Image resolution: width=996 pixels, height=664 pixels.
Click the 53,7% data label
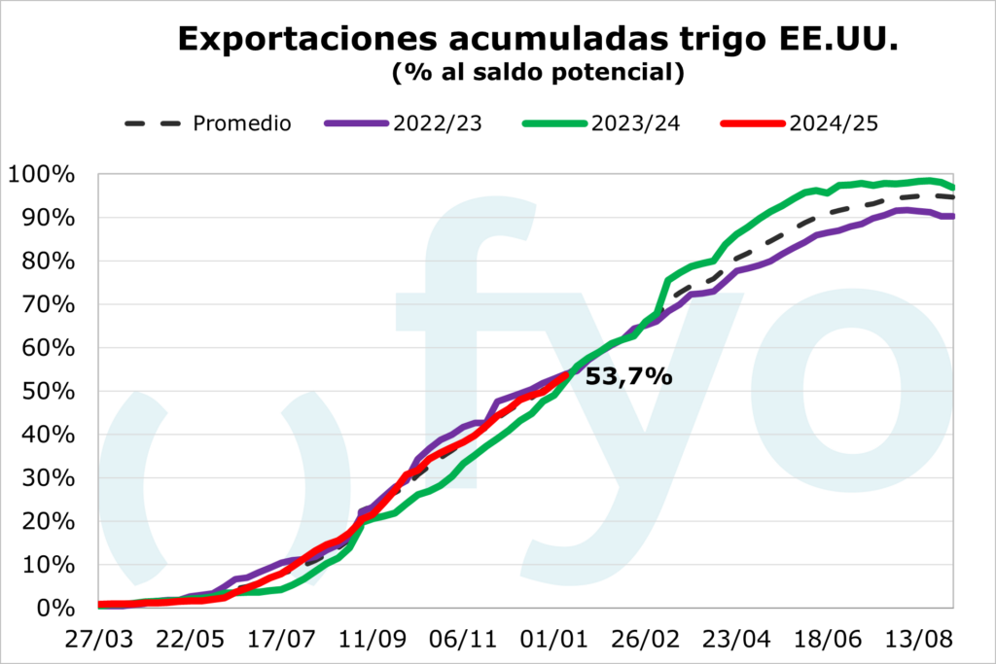(628, 377)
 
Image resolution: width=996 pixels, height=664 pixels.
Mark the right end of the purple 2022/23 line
(953, 216)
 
